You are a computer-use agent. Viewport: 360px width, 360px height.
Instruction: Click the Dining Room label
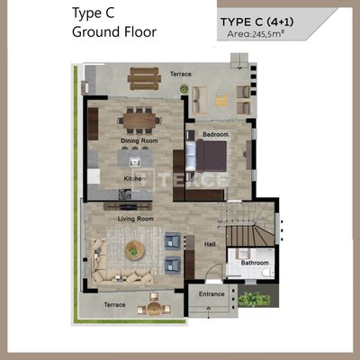point(139,140)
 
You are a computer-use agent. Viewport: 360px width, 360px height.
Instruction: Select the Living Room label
point(136,219)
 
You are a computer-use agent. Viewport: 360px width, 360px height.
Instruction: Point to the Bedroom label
point(215,134)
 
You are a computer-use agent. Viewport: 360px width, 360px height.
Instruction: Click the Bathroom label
point(255,263)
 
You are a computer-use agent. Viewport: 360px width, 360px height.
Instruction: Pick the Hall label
point(210,244)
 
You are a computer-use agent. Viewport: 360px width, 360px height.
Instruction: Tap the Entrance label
point(211,294)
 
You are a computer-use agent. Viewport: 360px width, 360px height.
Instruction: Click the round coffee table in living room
point(135,250)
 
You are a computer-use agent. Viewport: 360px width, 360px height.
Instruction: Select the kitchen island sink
point(135,162)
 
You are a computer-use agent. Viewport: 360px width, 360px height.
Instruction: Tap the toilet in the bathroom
point(266,273)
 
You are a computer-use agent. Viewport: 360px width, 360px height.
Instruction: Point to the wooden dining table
point(139,121)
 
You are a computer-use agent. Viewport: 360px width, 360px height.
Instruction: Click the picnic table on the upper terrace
point(144,78)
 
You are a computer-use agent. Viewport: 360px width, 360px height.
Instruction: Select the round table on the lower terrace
point(154,309)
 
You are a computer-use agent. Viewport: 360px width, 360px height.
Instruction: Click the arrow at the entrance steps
point(209,311)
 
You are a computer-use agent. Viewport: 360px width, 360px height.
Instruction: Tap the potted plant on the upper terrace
point(184,89)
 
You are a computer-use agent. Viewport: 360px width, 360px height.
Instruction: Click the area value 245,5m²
point(268,34)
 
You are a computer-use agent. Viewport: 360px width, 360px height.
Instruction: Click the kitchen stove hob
point(125,194)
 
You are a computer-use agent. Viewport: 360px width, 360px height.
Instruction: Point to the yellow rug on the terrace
point(222,100)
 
